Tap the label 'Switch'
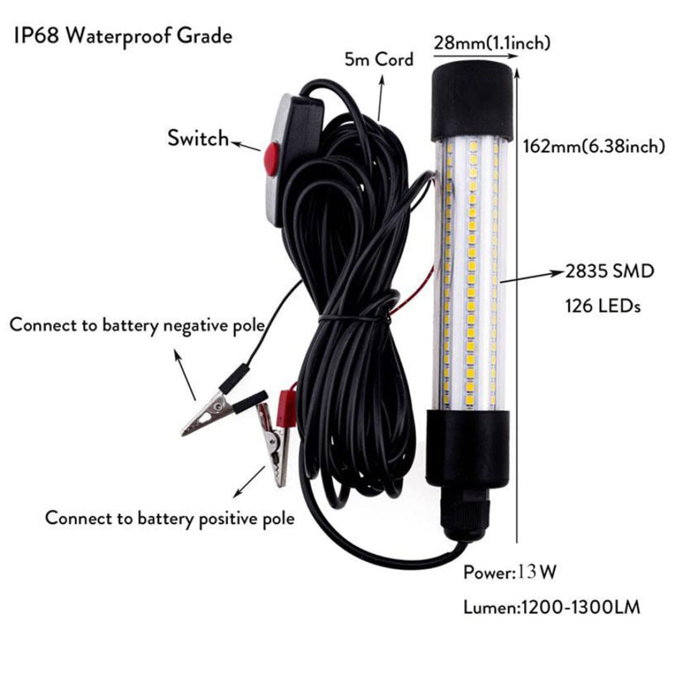click(x=198, y=138)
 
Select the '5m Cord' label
click(x=379, y=59)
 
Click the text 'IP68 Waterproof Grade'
click(x=123, y=36)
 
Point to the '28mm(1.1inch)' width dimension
click(x=492, y=43)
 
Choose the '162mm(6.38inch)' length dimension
click(x=594, y=146)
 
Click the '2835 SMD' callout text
click(x=610, y=271)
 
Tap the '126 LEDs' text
click(x=603, y=306)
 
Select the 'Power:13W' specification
click(x=510, y=572)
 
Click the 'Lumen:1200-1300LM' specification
click(x=552, y=607)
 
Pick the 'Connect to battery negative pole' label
click(x=138, y=326)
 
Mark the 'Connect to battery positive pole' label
click(x=170, y=518)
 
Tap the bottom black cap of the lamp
click(x=468, y=448)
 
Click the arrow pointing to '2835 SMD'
click(x=532, y=277)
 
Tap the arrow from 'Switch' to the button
click(x=246, y=146)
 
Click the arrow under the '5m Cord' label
click(x=380, y=98)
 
